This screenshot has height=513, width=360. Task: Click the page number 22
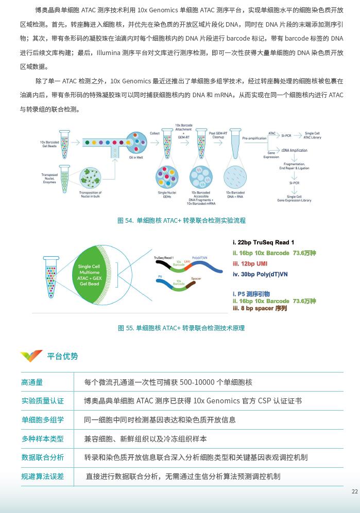(354, 491)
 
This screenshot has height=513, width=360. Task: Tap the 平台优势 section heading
(62, 356)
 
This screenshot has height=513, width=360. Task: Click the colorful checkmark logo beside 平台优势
(31, 356)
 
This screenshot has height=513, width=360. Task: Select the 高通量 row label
(32, 382)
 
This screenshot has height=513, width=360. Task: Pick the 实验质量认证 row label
(43, 401)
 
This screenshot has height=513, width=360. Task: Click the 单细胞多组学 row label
(43, 420)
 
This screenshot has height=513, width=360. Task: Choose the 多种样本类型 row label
(43, 439)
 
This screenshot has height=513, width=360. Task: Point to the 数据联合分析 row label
(43, 457)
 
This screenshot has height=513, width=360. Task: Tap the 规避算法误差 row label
(43, 476)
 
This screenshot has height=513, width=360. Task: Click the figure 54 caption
(181, 220)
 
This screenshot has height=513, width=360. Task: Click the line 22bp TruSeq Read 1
(263, 242)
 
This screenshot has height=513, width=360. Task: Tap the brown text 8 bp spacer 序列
(260, 308)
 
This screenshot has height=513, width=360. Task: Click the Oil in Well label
(136, 157)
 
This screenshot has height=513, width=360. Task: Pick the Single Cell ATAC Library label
(312, 135)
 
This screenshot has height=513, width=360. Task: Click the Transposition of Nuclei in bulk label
(90, 194)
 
